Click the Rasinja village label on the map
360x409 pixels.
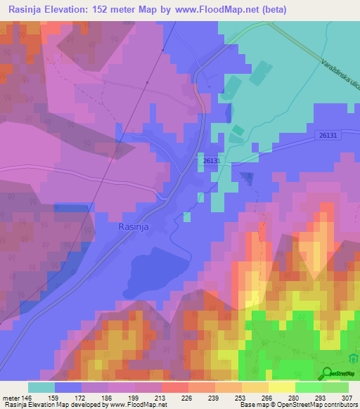134,228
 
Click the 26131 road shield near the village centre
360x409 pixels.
214,161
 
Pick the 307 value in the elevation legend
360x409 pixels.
348,397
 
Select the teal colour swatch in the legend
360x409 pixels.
41,387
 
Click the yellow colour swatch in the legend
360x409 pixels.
281,387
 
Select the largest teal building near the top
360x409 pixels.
259,70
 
